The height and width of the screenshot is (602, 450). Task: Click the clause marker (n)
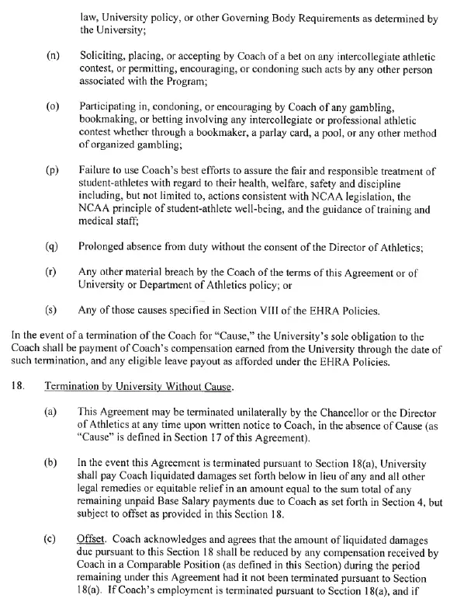click(54, 57)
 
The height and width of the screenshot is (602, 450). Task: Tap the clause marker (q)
click(54, 248)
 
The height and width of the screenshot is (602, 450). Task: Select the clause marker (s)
click(54, 311)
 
